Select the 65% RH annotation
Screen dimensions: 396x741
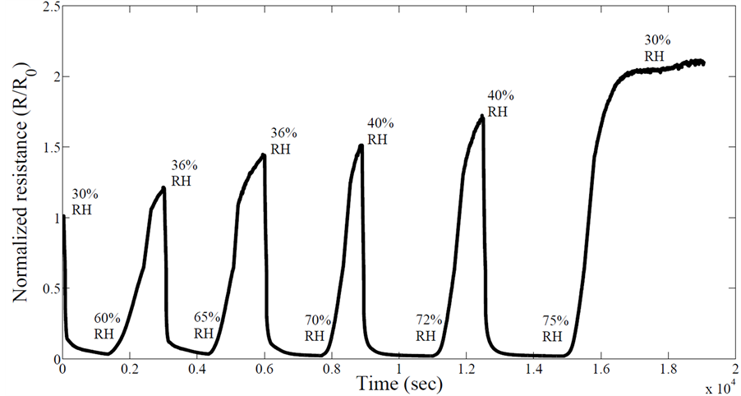click(x=205, y=325)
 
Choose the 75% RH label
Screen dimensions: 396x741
click(x=555, y=328)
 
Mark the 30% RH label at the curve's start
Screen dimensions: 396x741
click(x=85, y=202)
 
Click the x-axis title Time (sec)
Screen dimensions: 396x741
click(x=398, y=383)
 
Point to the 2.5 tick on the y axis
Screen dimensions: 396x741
click(x=46, y=7)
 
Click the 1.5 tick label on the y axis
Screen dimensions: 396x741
click(x=46, y=148)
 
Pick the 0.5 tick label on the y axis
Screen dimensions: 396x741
click(x=46, y=289)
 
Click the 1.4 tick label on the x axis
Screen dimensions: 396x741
click(x=533, y=370)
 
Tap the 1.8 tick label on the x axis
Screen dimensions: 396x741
click(x=668, y=370)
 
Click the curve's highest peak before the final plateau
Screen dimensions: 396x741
click(x=481, y=117)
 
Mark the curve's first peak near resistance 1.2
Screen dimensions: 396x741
click(x=163, y=188)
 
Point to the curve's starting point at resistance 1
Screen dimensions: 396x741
click(x=63, y=218)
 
